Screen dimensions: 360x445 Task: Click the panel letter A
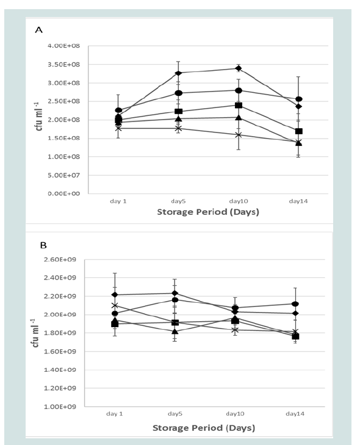click(x=38, y=30)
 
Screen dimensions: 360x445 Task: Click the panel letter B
click(x=43, y=245)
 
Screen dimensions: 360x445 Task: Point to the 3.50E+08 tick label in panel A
click(x=63, y=65)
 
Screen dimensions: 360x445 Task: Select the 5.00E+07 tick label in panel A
click(x=63, y=175)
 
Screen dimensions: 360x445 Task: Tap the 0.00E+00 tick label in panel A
click(x=63, y=194)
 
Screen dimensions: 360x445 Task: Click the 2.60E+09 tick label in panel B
click(x=60, y=259)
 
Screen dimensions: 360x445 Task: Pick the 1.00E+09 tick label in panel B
click(x=60, y=407)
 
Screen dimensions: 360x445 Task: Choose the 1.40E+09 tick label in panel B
click(x=60, y=370)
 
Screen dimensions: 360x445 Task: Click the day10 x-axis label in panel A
click(x=239, y=201)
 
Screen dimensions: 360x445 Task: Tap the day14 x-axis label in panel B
click(x=295, y=414)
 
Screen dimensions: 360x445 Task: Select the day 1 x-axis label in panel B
click(x=115, y=414)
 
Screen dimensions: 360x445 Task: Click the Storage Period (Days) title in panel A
click(x=208, y=212)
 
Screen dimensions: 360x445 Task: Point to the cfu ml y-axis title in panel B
click(x=35, y=333)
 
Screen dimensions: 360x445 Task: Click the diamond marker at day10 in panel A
click(x=239, y=68)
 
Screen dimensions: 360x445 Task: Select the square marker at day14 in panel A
click(x=299, y=131)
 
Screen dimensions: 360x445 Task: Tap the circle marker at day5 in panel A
click(x=179, y=93)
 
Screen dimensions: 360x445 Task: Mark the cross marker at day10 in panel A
click(x=239, y=135)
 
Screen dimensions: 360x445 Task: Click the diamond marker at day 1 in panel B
click(x=115, y=295)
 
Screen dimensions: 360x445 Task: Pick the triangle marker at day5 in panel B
click(x=175, y=331)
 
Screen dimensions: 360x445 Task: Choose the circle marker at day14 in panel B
click(x=295, y=304)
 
